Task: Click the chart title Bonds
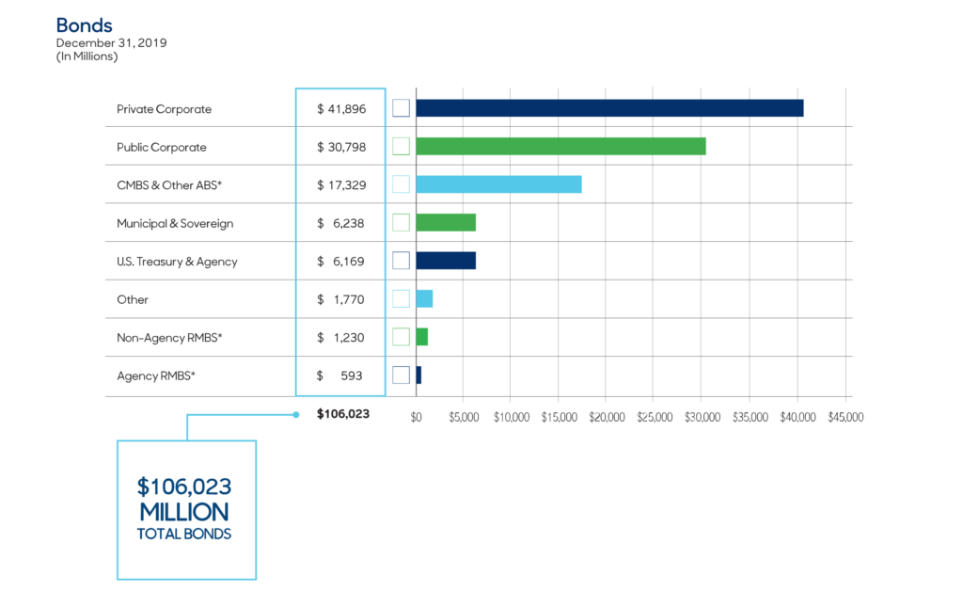[x=84, y=24]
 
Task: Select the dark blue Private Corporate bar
[x=609, y=108]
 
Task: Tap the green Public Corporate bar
[x=560, y=146]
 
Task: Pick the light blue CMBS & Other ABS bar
[x=498, y=184]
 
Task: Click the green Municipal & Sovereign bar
[x=446, y=222]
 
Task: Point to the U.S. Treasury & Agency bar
[x=446, y=261]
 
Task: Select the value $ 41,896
[x=341, y=109]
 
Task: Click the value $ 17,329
[x=341, y=185]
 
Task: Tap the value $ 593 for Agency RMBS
[x=341, y=375]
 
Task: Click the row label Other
[x=133, y=299]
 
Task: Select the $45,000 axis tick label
[x=845, y=416]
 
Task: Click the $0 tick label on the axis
[x=417, y=416]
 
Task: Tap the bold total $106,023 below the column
[x=343, y=414]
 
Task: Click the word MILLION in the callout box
[x=184, y=512]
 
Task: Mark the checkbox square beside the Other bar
[x=401, y=298]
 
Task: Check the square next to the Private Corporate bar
[x=401, y=108]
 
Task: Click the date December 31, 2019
[x=111, y=43]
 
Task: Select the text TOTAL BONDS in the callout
[x=184, y=534]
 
